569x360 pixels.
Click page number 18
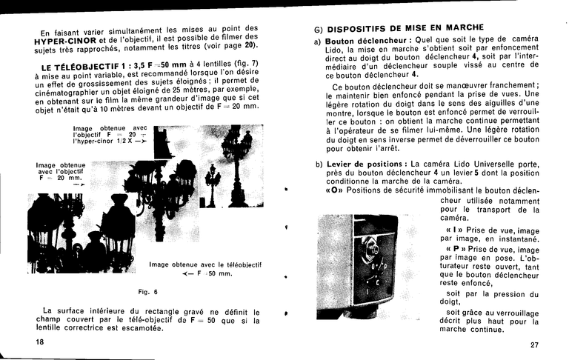pyautogui.click(x=39, y=341)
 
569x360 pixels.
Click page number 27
pyautogui.click(x=535, y=344)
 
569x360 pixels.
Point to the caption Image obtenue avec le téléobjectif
pyautogui.click(x=204, y=264)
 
